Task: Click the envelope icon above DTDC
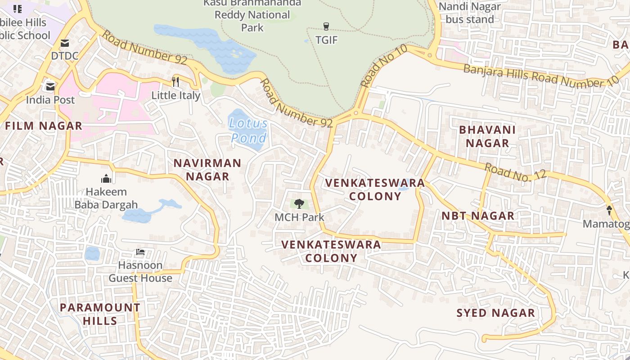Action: point(65,43)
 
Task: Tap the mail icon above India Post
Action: point(50,86)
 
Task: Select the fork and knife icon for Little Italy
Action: point(175,82)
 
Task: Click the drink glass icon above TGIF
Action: point(326,27)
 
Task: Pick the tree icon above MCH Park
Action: point(299,204)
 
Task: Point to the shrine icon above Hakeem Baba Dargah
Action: point(106,178)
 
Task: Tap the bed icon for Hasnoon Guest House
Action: point(140,252)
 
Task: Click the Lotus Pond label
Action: point(248,130)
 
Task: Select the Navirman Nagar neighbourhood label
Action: point(207,170)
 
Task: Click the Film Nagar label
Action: point(44,126)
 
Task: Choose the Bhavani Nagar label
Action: point(487,136)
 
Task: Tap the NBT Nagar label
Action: point(478,216)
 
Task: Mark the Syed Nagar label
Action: point(496,313)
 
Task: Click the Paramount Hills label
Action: point(100,314)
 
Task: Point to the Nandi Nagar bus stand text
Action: point(469,13)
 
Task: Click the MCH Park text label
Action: point(299,217)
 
